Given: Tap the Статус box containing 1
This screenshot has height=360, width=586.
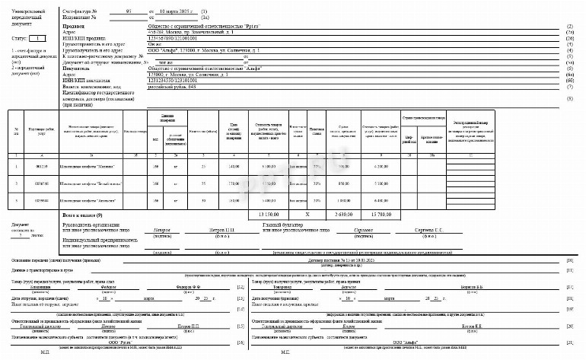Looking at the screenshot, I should [37, 37].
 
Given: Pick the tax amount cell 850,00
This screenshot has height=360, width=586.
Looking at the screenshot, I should [343, 183].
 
